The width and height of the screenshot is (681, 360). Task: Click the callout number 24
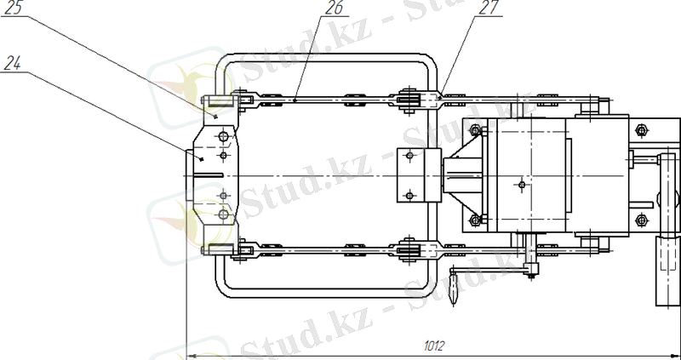click(x=13, y=65)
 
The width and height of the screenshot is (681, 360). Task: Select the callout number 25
click(x=14, y=9)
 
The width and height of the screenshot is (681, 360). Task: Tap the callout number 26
click(x=334, y=9)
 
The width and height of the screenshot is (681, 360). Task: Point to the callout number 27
click(x=488, y=9)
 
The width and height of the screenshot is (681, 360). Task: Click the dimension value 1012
click(x=434, y=346)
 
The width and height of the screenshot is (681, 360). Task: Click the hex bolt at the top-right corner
click(x=641, y=130)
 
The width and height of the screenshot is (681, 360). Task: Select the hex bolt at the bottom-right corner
click(x=641, y=220)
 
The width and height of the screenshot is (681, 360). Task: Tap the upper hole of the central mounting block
click(x=409, y=156)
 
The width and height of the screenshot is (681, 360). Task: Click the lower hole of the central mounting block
click(x=409, y=196)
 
